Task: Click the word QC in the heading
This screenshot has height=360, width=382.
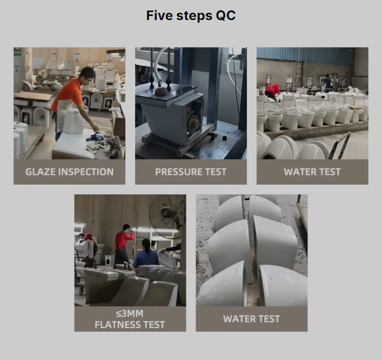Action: tap(225, 16)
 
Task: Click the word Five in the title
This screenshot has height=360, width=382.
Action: tap(159, 15)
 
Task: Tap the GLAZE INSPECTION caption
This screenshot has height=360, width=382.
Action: tap(69, 172)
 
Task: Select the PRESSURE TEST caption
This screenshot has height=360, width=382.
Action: tap(191, 172)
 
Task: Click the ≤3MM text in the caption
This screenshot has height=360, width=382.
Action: tap(130, 314)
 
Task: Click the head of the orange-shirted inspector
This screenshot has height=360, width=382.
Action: tap(88, 74)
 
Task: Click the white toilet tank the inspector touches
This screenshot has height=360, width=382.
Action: tap(74, 121)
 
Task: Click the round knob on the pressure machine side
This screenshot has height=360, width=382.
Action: tap(193, 121)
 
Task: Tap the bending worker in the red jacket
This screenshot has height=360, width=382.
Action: tap(272, 90)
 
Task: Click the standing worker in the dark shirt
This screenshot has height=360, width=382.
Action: tap(327, 83)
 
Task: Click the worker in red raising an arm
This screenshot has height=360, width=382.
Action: tap(124, 244)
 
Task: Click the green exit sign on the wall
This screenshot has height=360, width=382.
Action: tap(17, 52)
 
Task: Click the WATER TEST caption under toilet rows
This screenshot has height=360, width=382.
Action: tap(312, 172)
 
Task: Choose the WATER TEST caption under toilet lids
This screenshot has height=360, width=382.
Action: tap(251, 319)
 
